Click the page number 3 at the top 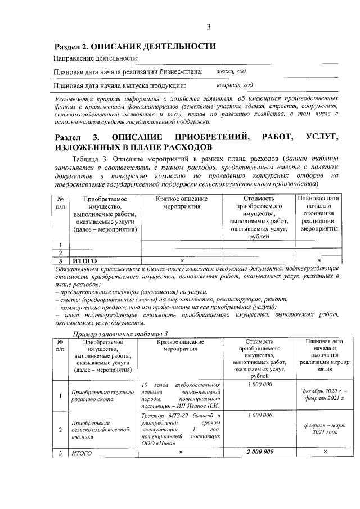point(208,26)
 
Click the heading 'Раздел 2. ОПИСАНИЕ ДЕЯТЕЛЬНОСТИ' point(134,46)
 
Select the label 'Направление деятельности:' point(96,59)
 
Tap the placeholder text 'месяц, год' point(231,72)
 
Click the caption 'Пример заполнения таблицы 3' point(121,334)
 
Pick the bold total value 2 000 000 point(259,451)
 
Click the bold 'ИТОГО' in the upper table point(84,262)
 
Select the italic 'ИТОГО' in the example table point(79,452)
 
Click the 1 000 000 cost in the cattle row point(259,384)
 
